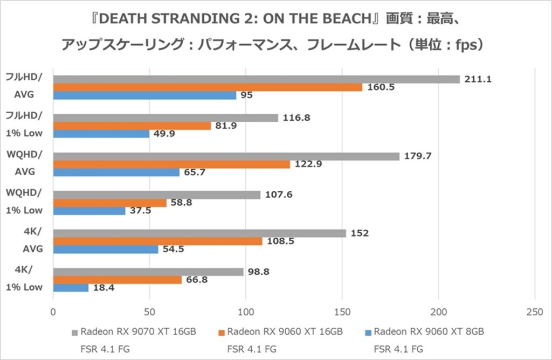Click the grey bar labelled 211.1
(256, 79)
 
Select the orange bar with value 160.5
(208, 87)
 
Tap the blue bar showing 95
(144, 95)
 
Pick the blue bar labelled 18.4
(71, 288)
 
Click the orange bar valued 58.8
(109, 203)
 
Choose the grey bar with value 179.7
(226, 156)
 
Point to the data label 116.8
(296, 118)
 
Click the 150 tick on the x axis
(342, 312)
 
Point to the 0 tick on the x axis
(53, 312)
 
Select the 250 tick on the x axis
(534, 312)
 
